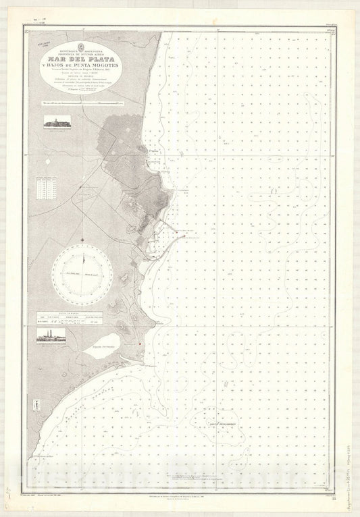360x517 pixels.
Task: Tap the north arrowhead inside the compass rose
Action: pyautogui.click(x=83, y=252)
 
